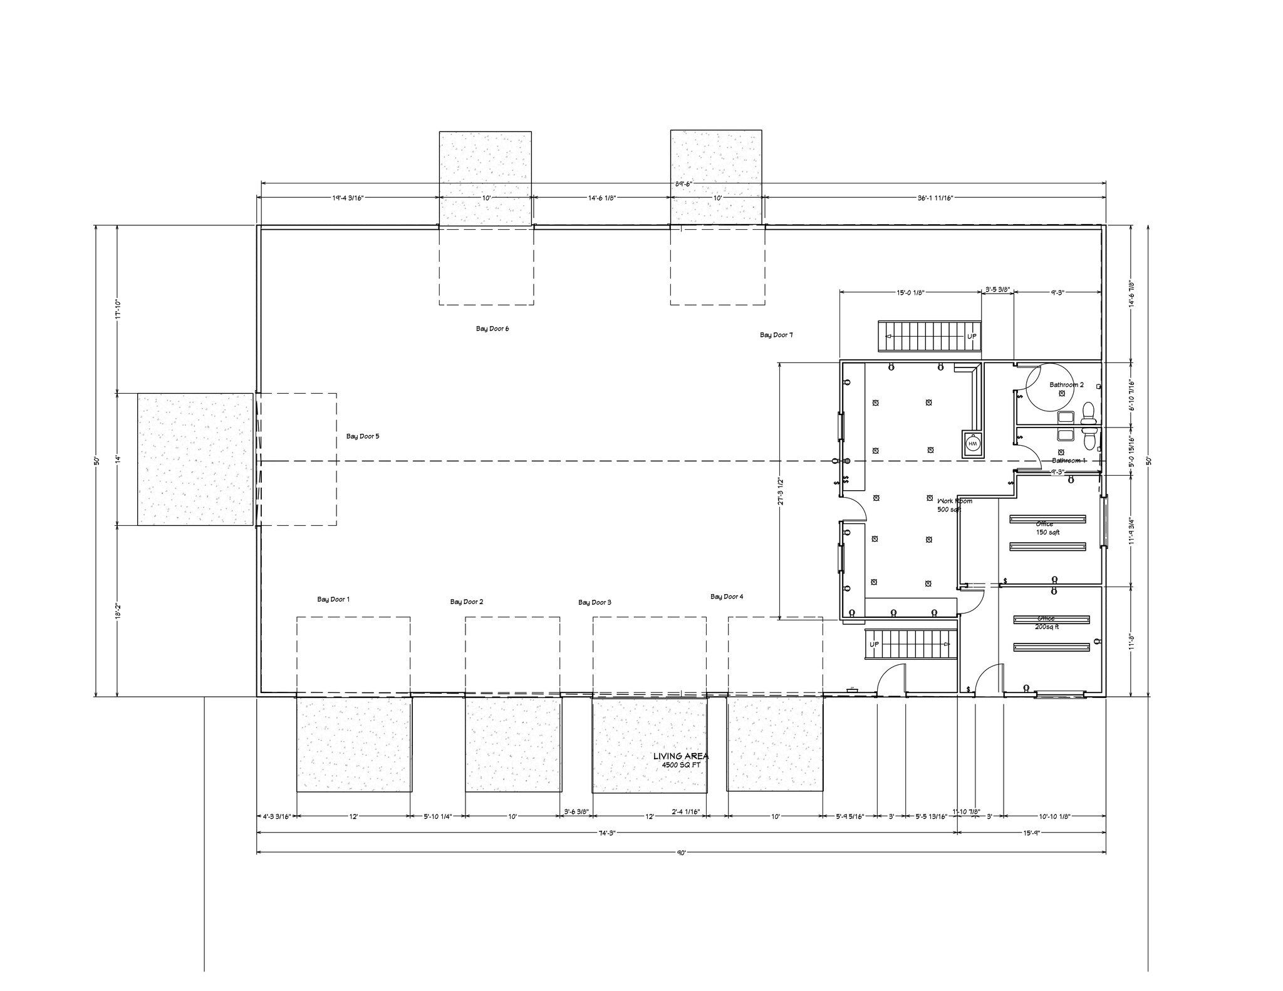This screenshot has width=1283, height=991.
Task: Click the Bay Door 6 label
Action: click(492, 329)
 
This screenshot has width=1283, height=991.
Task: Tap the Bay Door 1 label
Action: click(333, 599)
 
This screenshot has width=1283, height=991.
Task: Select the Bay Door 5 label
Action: click(363, 436)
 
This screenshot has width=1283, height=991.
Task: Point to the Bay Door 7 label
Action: click(776, 335)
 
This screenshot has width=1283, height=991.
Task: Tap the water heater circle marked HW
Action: click(972, 443)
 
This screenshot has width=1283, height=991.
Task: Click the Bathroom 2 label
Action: click(1066, 384)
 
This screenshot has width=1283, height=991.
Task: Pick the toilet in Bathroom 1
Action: click(1089, 440)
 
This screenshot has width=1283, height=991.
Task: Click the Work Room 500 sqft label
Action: click(953, 505)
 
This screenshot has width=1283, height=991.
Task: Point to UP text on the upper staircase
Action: click(972, 336)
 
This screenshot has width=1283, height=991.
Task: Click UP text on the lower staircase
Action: click(874, 644)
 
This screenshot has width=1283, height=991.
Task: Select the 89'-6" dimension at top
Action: click(683, 184)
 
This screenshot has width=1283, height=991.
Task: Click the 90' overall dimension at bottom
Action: click(681, 852)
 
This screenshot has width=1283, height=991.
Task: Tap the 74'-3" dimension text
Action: click(607, 833)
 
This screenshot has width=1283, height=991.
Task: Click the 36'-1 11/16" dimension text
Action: click(935, 198)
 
